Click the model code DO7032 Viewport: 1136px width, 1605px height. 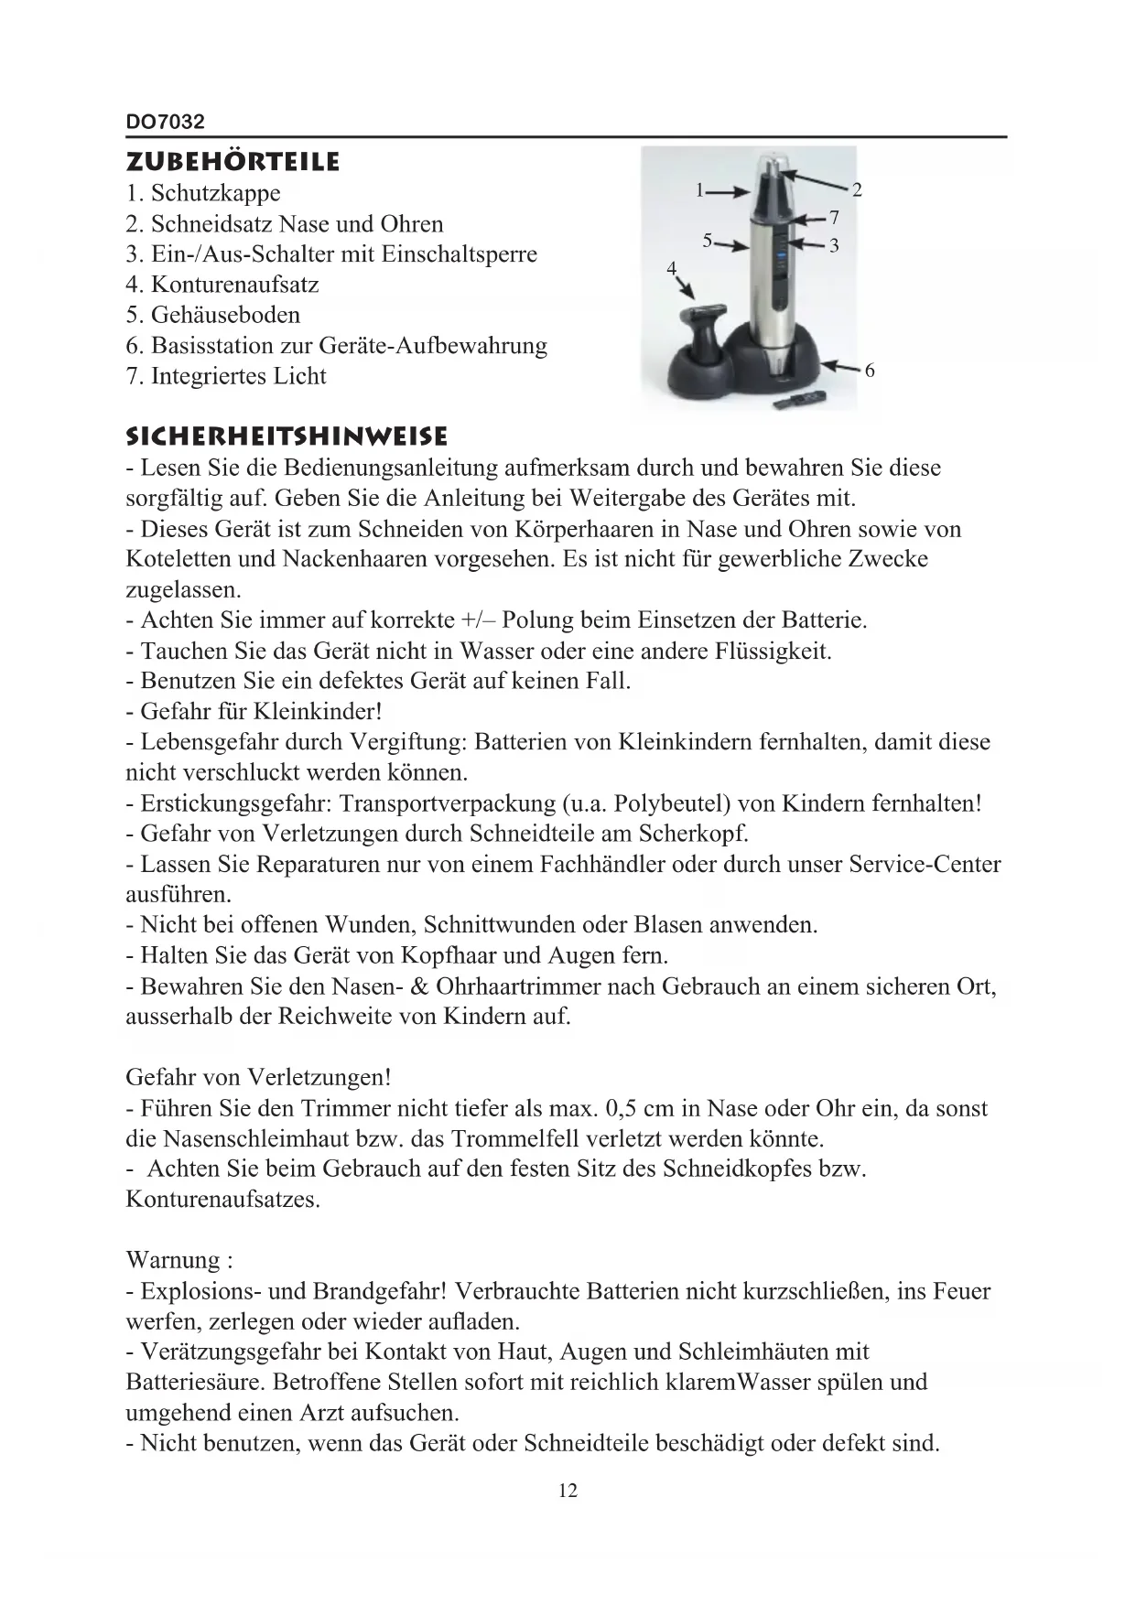tap(165, 122)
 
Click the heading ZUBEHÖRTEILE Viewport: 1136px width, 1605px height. tap(233, 162)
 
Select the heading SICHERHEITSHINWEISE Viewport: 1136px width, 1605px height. tap(287, 436)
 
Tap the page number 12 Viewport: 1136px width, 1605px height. tap(568, 1491)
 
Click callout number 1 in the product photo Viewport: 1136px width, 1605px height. tap(698, 190)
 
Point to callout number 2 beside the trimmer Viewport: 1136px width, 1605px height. tap(857, 190)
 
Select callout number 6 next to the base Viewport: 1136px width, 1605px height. tap(869, 371)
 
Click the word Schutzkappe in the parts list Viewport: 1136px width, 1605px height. tap(216, 193)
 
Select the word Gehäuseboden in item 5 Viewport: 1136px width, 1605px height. tap(225, 315)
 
